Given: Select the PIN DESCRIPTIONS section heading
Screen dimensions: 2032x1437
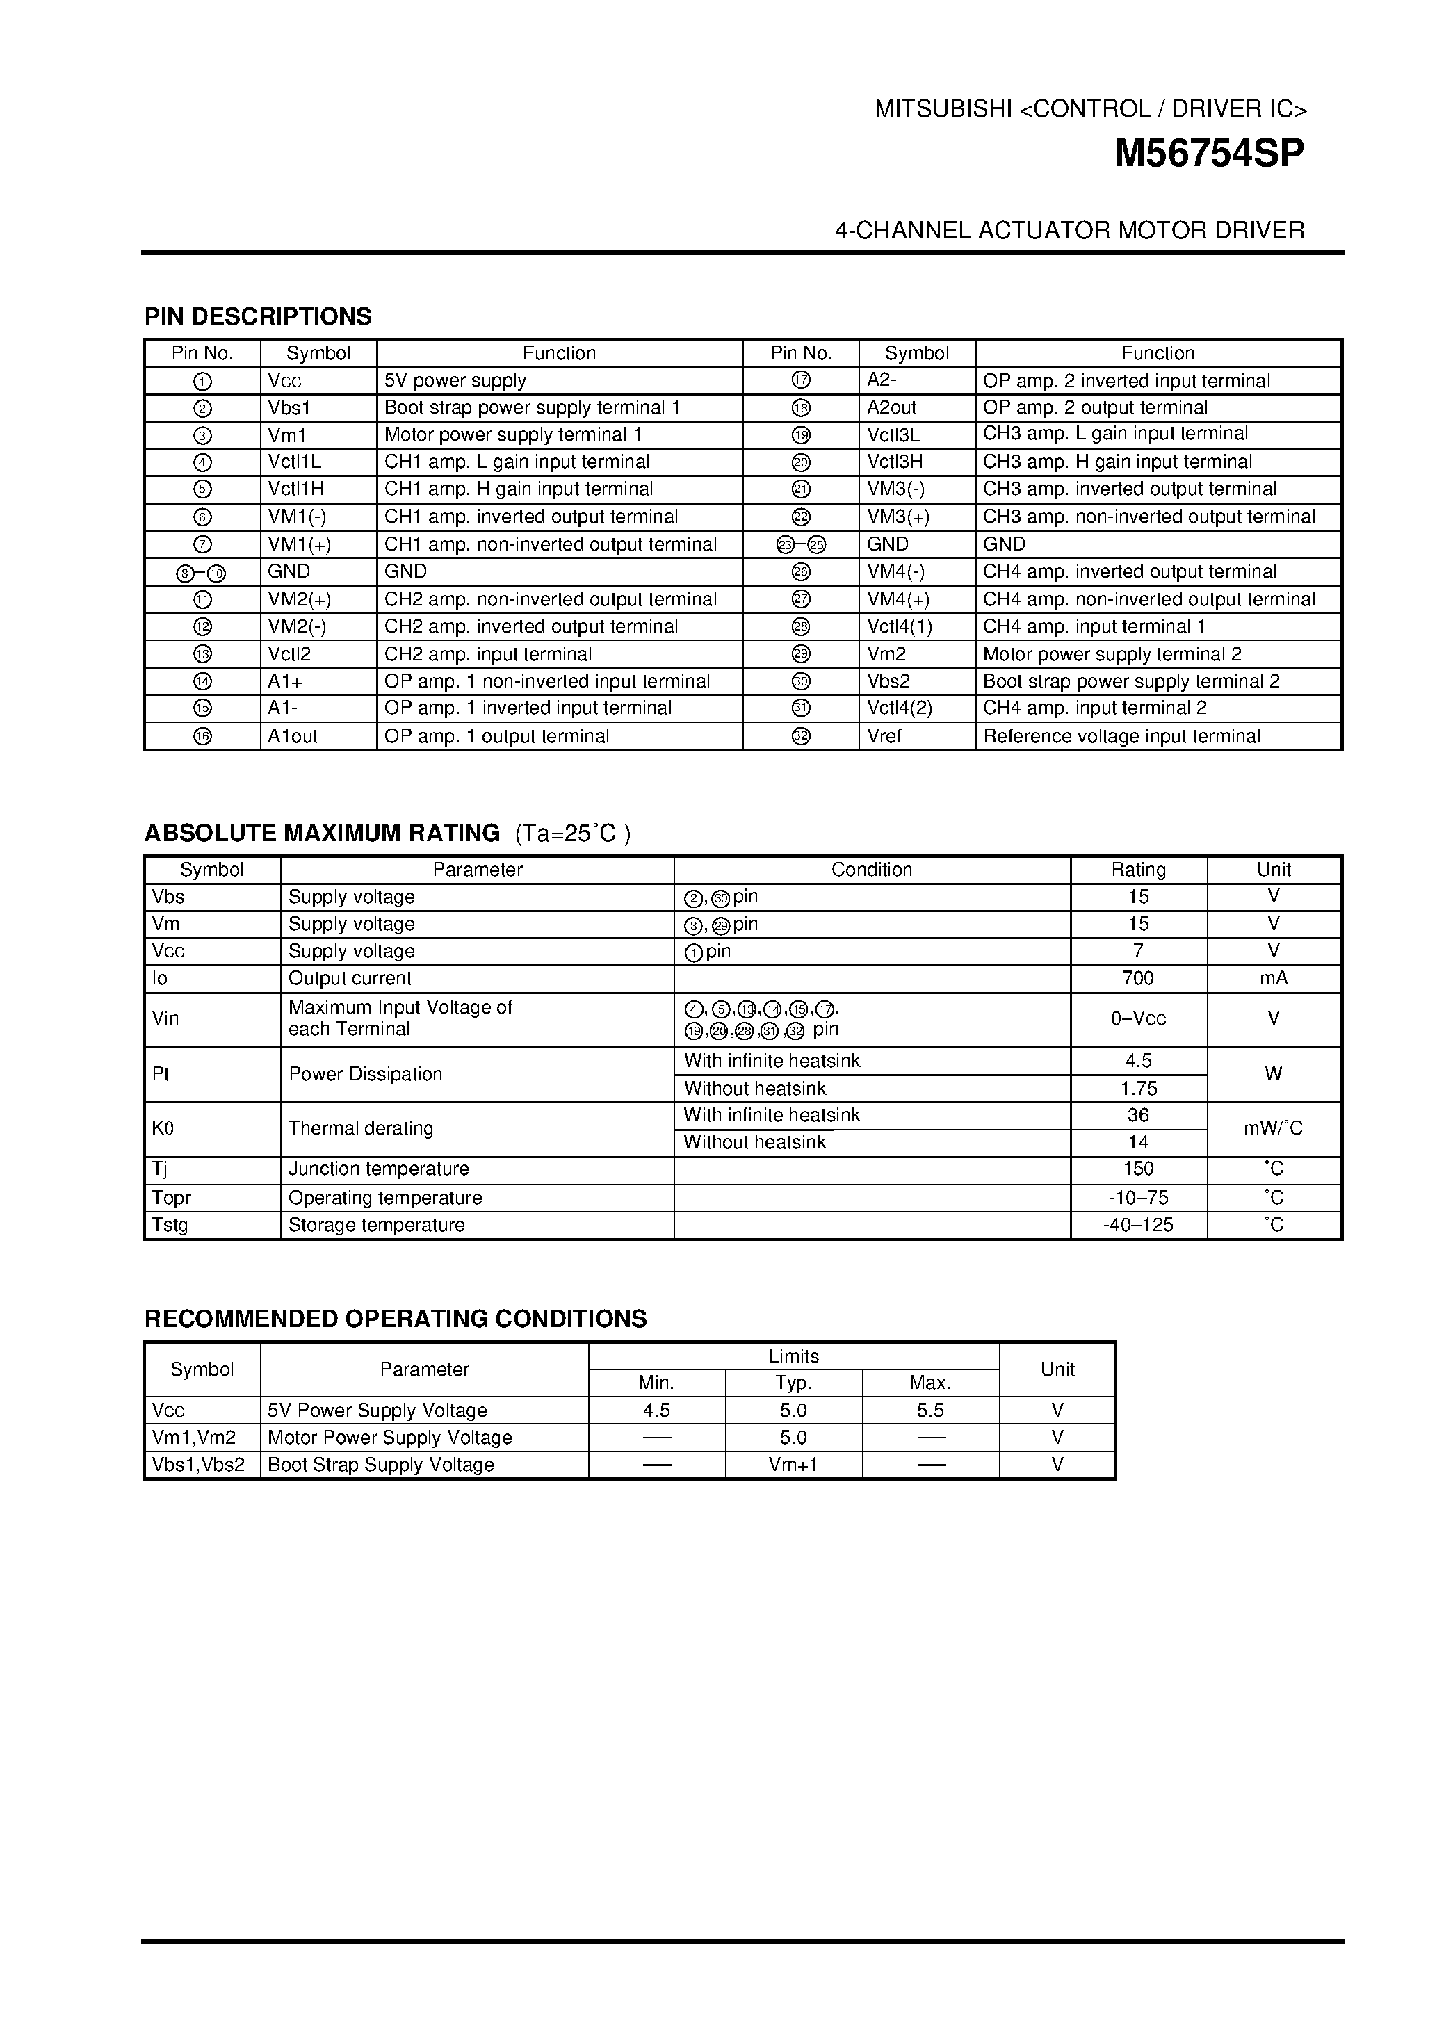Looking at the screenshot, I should pos(257,317).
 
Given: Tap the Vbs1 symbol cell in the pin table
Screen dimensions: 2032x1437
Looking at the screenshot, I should pos(289,408).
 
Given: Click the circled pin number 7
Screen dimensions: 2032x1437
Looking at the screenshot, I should pos(202,544).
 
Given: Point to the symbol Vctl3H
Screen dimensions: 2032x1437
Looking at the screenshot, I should pos(895,462).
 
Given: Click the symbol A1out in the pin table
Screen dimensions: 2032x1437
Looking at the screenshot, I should pos(293,736).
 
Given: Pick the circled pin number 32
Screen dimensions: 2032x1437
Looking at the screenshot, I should pos(801,736).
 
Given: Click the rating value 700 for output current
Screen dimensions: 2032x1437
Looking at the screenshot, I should pos(1137,978).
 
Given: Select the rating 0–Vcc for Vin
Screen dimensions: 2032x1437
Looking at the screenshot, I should pos(1137,1018).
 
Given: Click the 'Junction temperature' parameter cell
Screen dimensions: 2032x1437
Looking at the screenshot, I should pos(379,1169).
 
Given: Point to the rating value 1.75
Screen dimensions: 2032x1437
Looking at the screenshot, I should pos(1137,1089).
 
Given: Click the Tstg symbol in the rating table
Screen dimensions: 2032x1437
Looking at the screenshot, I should pos(170,1225).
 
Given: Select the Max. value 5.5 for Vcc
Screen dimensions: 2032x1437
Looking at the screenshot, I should pos(930,1411).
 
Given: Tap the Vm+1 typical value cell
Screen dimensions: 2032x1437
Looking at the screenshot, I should pos(793,1465).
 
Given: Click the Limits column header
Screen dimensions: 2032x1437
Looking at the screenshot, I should pos(793,1356).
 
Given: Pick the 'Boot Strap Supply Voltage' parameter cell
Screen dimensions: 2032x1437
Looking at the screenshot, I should pos(380,1465).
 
